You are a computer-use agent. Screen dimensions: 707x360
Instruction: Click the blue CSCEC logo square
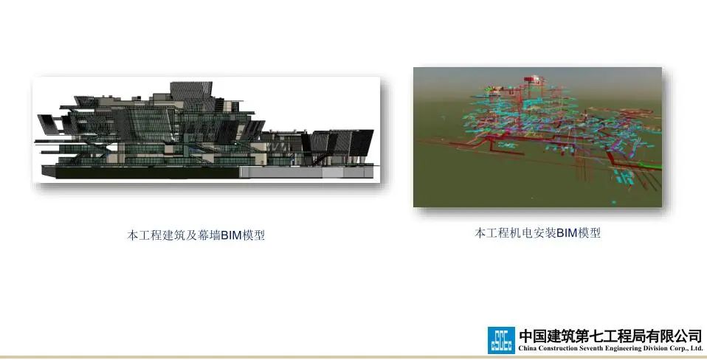(501, 340)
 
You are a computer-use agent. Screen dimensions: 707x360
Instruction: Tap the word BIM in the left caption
(231, 235)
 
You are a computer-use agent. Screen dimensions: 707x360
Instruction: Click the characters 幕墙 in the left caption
(209, 235)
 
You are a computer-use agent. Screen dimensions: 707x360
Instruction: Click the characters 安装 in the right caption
(545, 233)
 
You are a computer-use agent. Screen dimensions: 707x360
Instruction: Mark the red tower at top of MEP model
(534, 82)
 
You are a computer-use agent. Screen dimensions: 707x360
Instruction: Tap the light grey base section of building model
(306, 173)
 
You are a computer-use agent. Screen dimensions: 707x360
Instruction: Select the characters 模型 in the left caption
(254, 235)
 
